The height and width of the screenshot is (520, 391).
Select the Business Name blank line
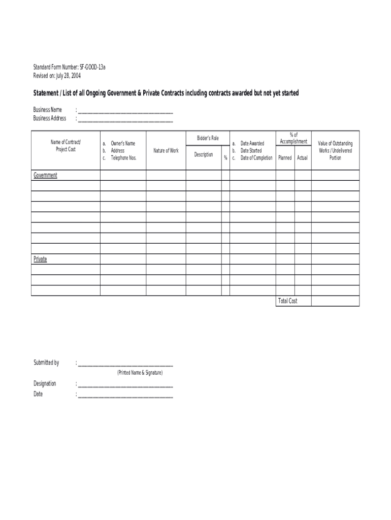point(125,112)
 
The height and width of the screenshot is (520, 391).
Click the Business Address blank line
point(125,120)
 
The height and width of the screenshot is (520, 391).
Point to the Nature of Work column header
point(166,151)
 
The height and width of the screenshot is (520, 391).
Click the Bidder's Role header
point(208,138)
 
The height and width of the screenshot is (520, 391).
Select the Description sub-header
point(204,154)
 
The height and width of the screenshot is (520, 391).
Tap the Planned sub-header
point(285,158)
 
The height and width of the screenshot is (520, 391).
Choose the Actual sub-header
point(302,158)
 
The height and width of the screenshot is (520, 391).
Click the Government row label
point(45,175)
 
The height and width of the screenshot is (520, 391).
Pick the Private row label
point(40,259)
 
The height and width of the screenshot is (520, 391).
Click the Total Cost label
point(287,301)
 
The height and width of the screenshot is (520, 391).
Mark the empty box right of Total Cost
point(335,301)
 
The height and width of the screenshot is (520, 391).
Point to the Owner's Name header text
point(123,144)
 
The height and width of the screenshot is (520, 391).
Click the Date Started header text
point(251,151)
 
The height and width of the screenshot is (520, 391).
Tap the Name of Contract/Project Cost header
point(66,145)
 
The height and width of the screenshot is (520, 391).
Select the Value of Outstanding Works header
point(335,151)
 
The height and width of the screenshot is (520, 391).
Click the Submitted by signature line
point(125,365)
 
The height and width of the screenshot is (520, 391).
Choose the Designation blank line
point(125,385)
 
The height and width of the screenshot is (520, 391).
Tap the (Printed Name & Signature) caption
point(140,373)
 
